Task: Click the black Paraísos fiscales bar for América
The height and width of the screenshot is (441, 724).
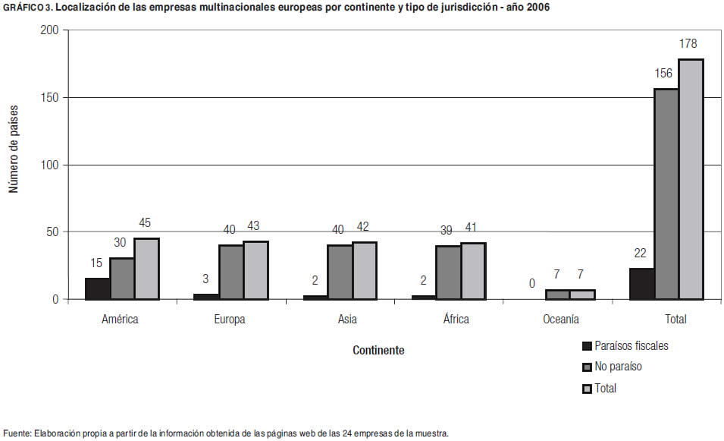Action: pos(97,289)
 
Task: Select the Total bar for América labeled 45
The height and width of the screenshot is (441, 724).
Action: pos(146,269)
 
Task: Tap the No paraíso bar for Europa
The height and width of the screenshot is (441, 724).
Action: pos(231,272)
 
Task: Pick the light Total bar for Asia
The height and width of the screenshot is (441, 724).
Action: pos(365,271)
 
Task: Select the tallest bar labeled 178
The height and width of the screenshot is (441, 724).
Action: pos(691,179)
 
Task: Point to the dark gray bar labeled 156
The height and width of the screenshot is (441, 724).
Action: pos(666,194)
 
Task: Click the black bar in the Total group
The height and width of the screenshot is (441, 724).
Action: pos(641,284)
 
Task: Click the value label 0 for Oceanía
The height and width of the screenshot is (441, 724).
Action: pos(532,284)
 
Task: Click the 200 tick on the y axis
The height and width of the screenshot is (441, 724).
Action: pos(49,31)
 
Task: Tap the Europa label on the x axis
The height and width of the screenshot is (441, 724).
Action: pos(230,320)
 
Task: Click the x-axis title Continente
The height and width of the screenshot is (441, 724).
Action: pos(378,351)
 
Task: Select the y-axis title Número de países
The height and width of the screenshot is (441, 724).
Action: pos(14,149)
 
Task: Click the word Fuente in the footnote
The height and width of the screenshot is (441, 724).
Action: pos(18,433)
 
